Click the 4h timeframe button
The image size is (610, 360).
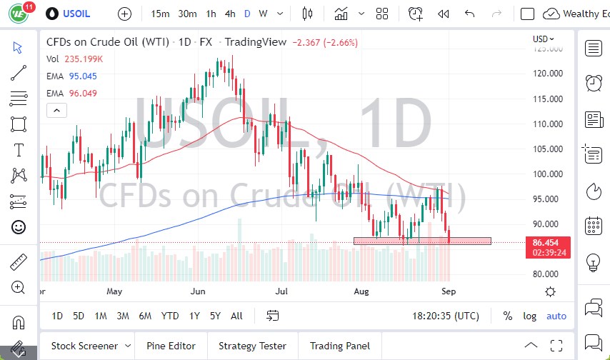click(229, 14)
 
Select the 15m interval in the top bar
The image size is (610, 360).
click(161, 14)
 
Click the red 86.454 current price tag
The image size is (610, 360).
click(546, 243)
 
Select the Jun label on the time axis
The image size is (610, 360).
click(198, 291)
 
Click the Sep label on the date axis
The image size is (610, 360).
click(448, 291)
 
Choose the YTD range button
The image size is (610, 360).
click(169, 316)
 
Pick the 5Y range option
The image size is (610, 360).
click(215, 316)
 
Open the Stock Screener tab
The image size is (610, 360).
click(85, 346)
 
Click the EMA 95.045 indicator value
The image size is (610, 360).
click(83, 76)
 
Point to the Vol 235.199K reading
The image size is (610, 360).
click(83, 60)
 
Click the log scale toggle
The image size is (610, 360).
click(529, 316)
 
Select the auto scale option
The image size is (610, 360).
click(556, 316)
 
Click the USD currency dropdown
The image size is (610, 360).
click(544, 39)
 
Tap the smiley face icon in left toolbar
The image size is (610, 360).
click(19, 227)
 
